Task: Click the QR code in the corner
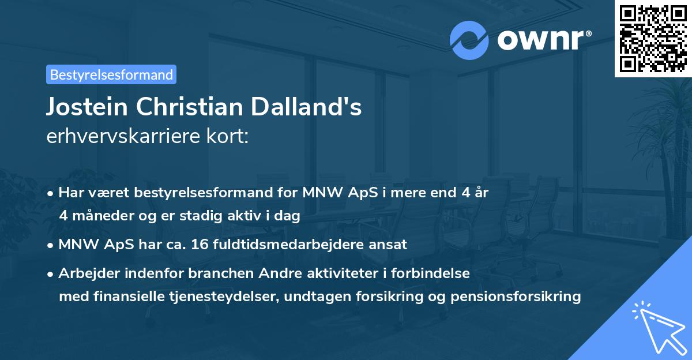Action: point(653,38)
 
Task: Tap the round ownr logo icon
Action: point(469,40)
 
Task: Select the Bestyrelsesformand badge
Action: point(111,74)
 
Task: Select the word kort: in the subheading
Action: point(229,137)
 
